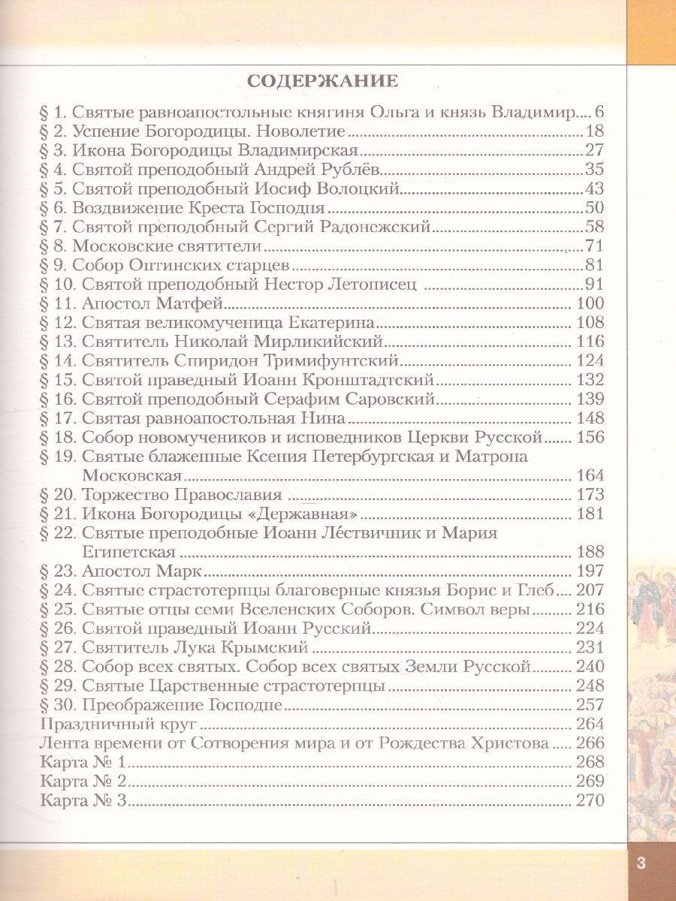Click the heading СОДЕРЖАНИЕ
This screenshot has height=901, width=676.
(323, 80)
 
